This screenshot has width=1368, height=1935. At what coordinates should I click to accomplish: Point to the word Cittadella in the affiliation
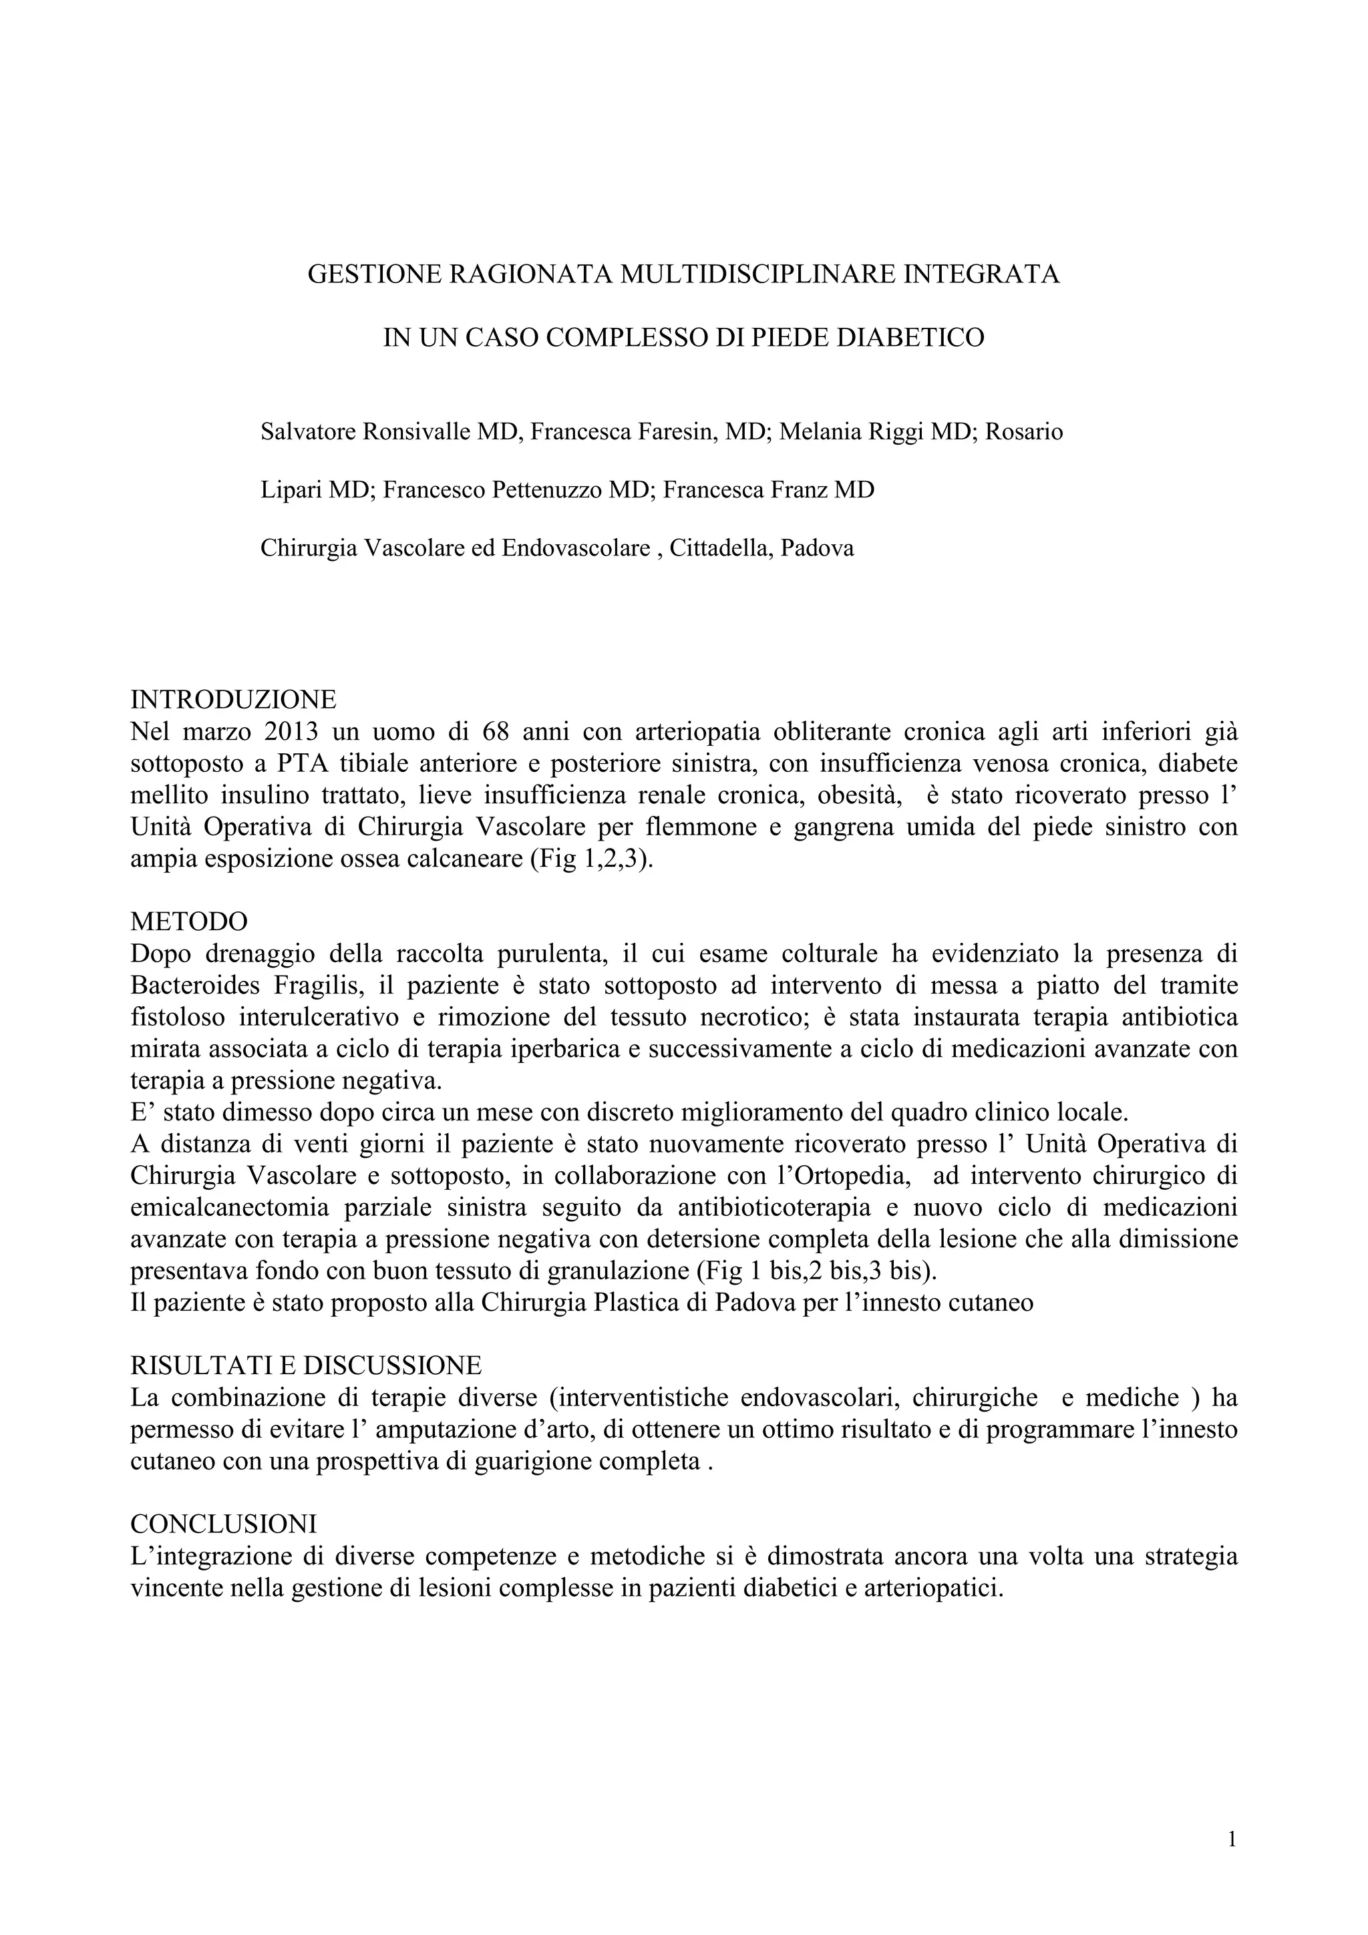pyautogui.click(x=719, y=549)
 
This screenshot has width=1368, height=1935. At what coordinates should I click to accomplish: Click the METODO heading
pyautogui.click(x=189, y=920)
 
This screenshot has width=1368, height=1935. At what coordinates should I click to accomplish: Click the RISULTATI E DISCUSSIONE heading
pyautogui.click(x=306, y=1365)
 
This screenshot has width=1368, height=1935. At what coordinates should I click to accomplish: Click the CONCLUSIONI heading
pyautogui.click(x=223, y=1524)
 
